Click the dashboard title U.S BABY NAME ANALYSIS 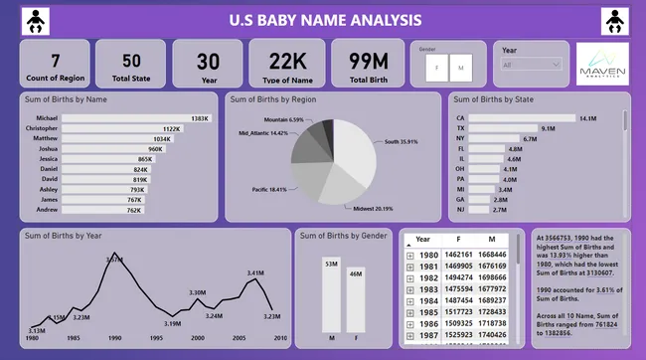pyautogui.click(x=324, y=20)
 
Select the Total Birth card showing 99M pyautogui.click(x=368, y=63)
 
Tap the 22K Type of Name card pyautogui.click(x=286, y=63)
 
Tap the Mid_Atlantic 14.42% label pyautogui.click(x=262, y=132)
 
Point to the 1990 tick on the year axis pyautogui.click(x=115, y=338)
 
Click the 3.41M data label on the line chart pyautogui.click(x=254, y=272)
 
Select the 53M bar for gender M pyautogui.click(x=331, y=295)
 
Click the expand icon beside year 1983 pyautogui.click(x=410, y=289)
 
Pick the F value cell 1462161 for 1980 pyautogui.click(x=457, y=256)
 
